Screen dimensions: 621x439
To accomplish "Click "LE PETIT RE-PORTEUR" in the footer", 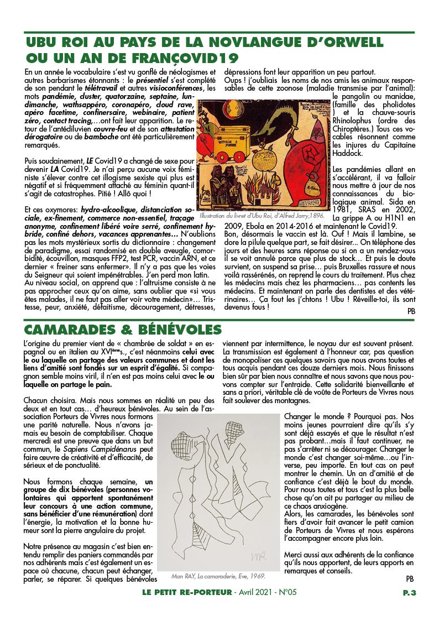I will tap(186, 592).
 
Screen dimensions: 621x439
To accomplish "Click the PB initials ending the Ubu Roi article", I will tap(411, 311).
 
